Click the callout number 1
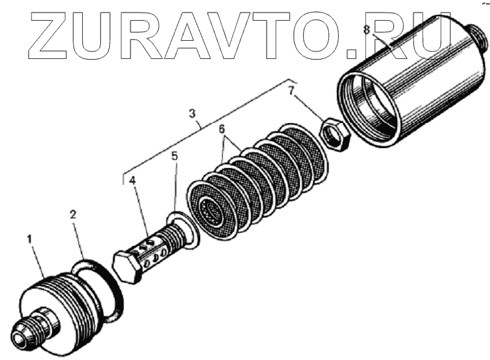[28, 239]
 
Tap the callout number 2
[73, 214]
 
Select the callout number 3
[193, 114]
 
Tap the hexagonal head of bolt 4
[127, 268]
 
